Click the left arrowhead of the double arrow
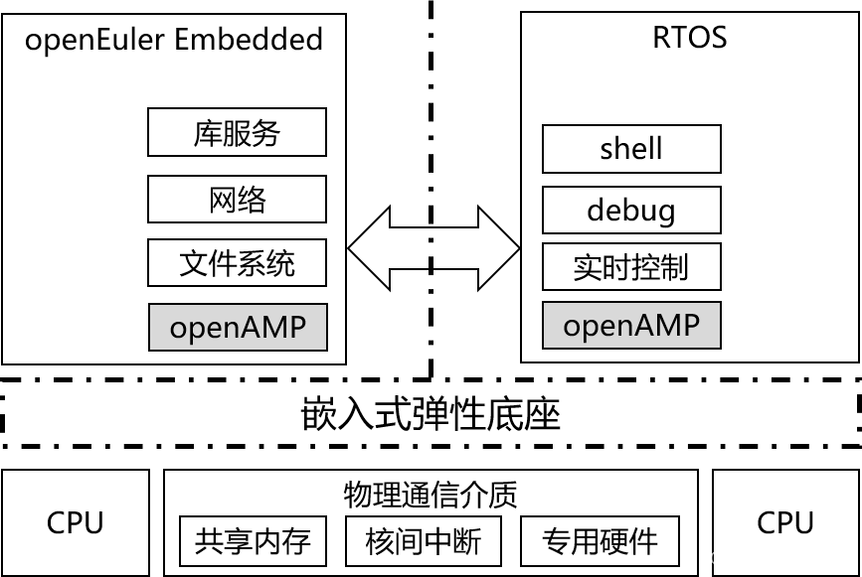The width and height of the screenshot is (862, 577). pyautogui.click(x=370, y=248)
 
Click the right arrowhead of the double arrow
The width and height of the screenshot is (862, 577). pyautogui.click(x=498, y=248)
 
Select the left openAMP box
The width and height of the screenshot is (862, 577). pyautogui.click(x=238, y=327)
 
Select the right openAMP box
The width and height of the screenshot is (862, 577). pyautogui.click(x=631, y=325)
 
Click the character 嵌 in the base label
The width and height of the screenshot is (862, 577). pyautogui.click(x=319, y=414)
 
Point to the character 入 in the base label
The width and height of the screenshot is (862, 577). pyautogui.click(x=356, y=414)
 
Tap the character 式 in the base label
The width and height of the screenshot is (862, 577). pyautogui.click(x=394, y=414)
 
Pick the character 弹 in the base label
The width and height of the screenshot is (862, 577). pyautogui.click(x=431, y=414)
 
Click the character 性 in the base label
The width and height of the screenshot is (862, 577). pyautogui.click(x=468, y=414)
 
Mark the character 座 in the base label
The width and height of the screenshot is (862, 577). pyautogui.click(x=543, y=414)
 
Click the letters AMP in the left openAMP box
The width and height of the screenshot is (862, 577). pyautogui.click(x=275, y=327)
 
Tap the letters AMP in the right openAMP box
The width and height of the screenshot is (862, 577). pyautogui.click(x=669, y=325)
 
